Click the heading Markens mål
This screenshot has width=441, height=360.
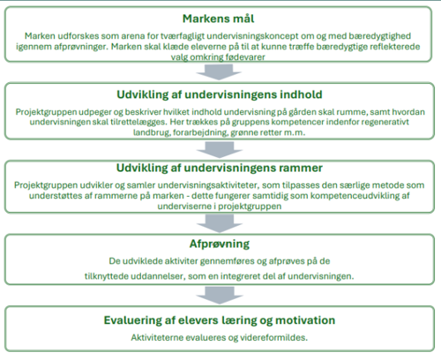pos(219,19)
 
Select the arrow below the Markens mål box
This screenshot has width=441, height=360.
pos(219,72)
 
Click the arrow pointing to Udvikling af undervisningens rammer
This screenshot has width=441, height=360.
pos(220,150)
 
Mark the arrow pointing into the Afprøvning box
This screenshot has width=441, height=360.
pos(220,223)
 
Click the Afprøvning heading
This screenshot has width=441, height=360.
pos(220,244)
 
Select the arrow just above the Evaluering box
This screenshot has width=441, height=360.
pos(220,296)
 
